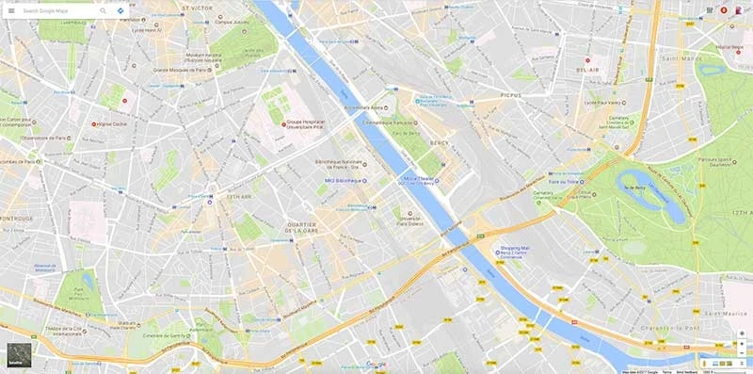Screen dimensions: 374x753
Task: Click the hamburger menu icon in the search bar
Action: pos(11,10)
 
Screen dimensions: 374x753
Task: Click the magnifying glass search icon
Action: pos(103,10)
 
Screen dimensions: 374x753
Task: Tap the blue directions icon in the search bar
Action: pos(121,10)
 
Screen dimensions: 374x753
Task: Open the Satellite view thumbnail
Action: pos(18,353)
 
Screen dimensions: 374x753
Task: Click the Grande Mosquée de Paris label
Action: pos(184,70)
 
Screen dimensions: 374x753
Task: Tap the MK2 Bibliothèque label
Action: pos(343,180)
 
